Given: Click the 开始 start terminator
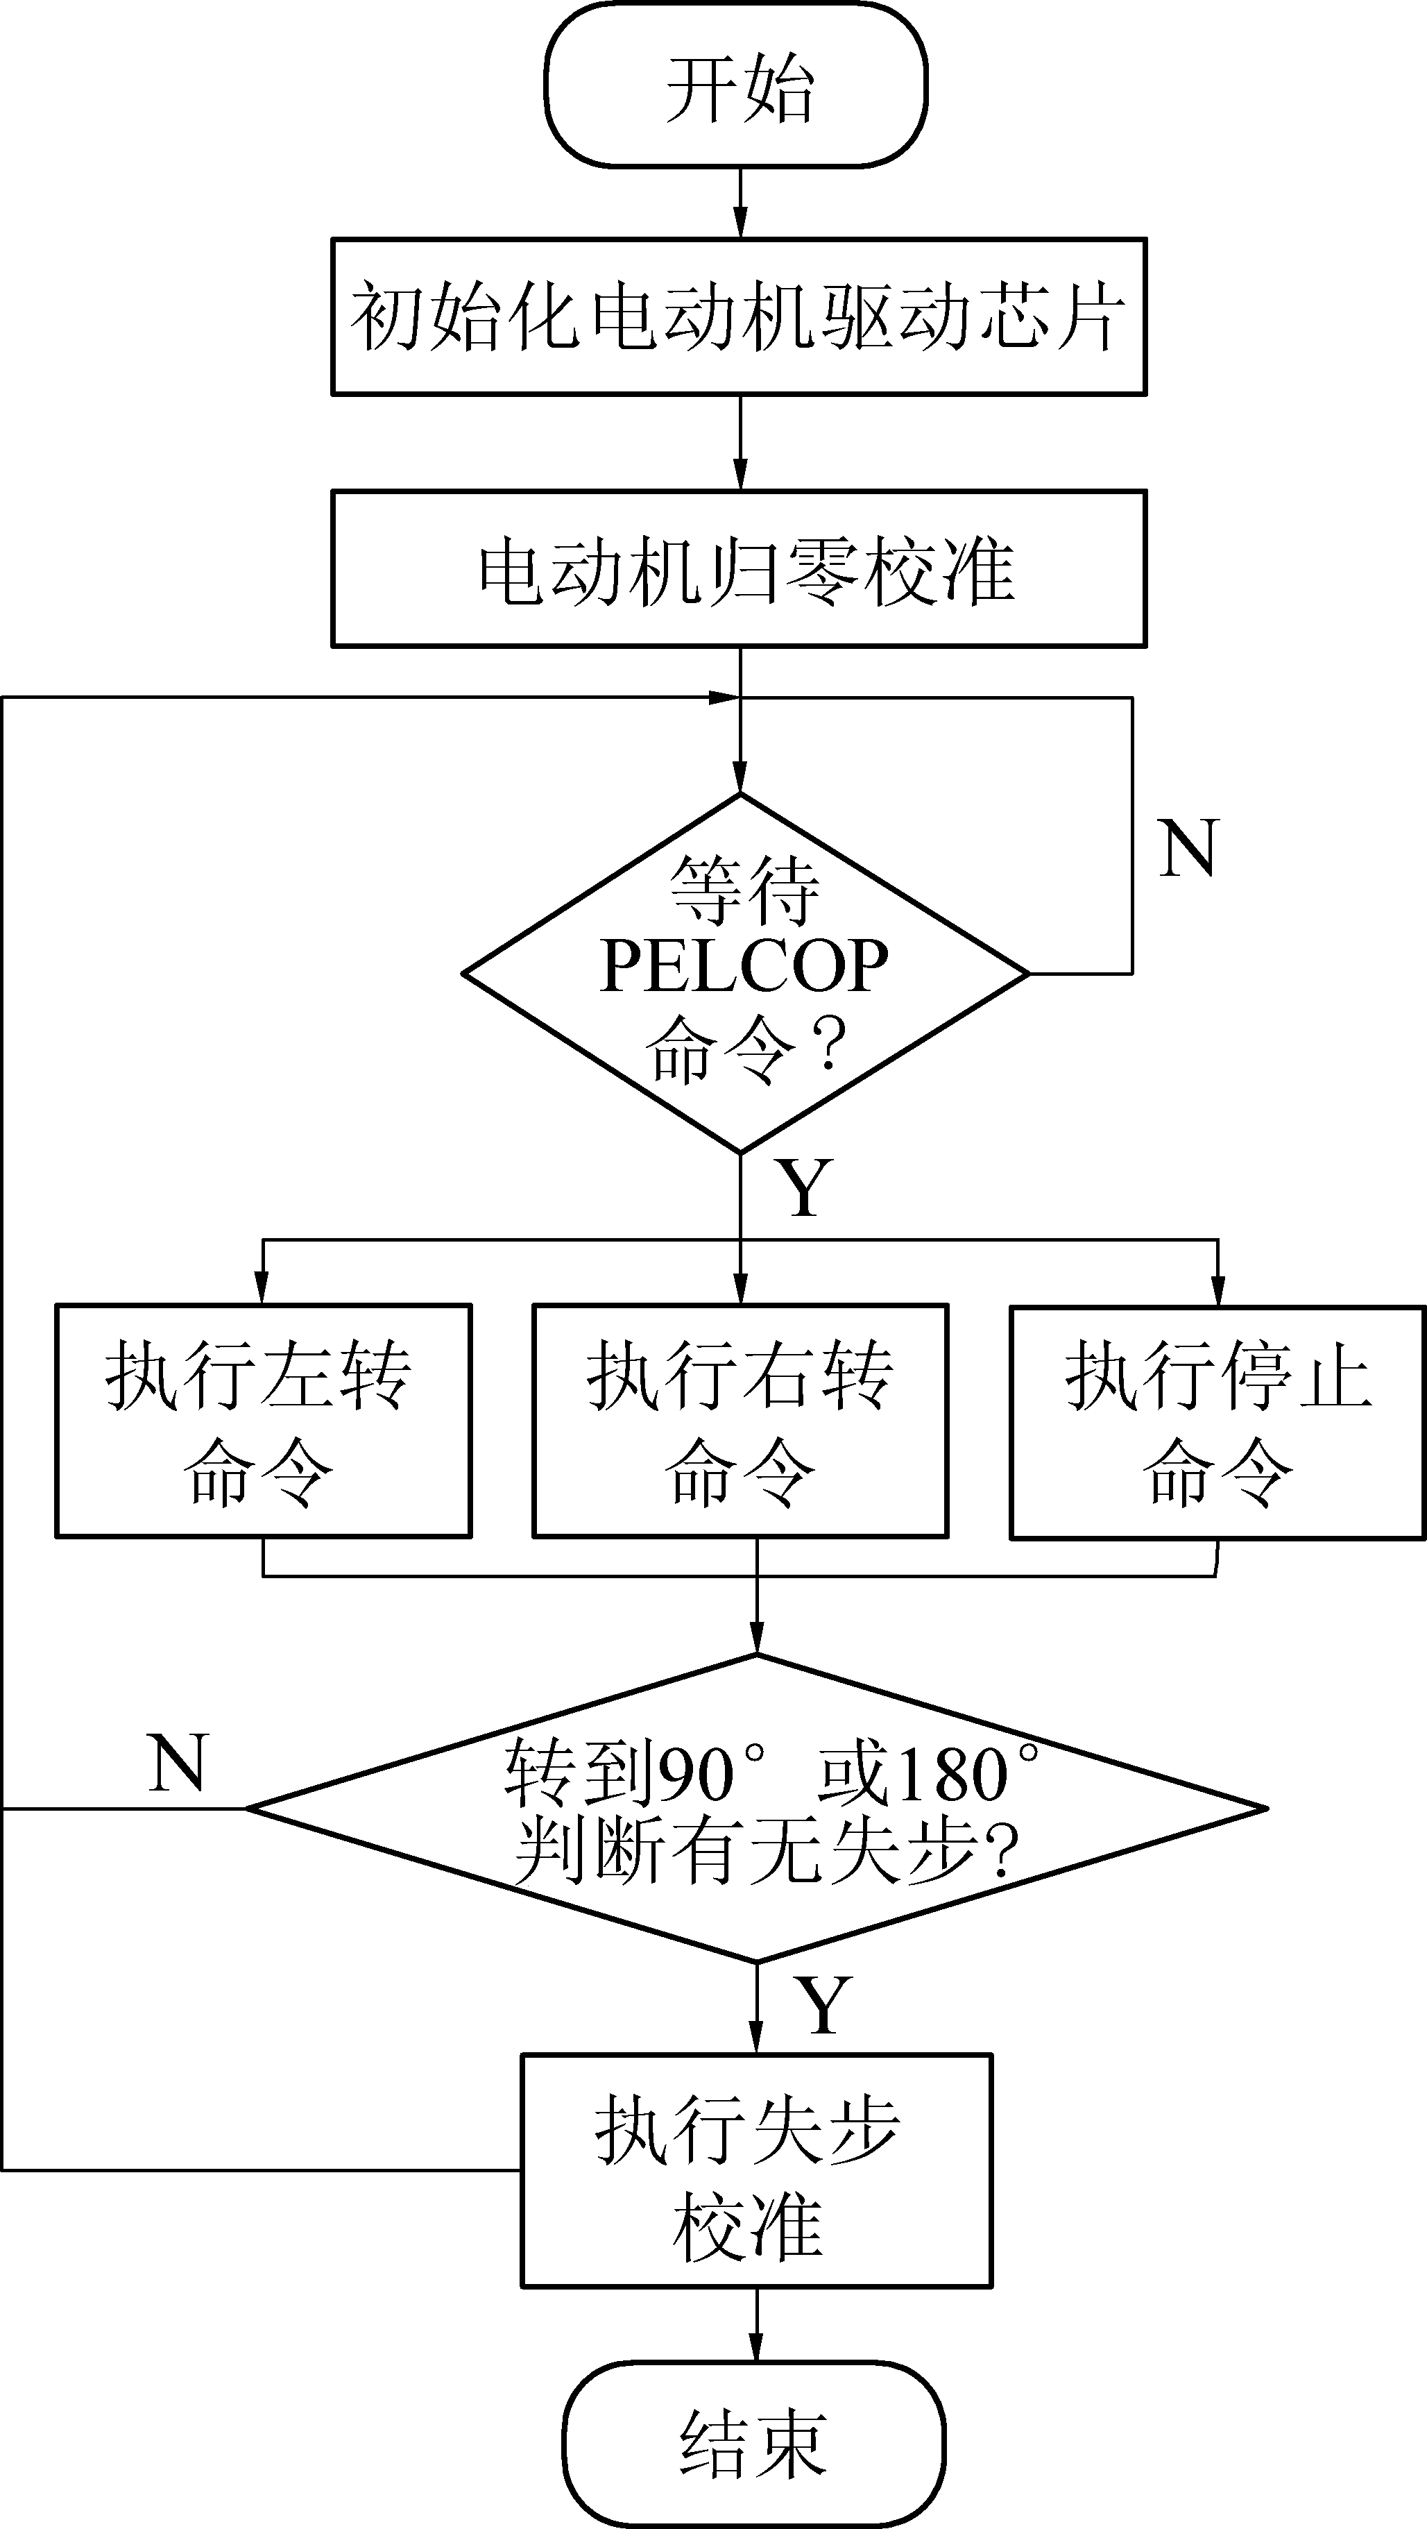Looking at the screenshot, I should pos(736,86).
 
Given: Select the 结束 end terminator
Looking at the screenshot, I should pos(754,2443).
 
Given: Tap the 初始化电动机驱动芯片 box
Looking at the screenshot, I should pos(739,317).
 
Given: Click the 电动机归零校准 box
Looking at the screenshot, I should pos(739,569).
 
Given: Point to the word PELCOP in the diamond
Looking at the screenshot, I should pos(744,967).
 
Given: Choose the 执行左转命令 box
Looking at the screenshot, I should pos(263,1421).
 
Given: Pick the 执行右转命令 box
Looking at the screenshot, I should pos(740,1421).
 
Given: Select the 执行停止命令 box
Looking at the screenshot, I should pos(1217,1421).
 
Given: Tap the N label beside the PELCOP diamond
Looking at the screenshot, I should pos(1188,848).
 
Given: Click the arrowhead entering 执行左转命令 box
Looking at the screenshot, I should pos(261,1288).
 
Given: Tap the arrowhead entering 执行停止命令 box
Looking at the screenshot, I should pos(1218,1290).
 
